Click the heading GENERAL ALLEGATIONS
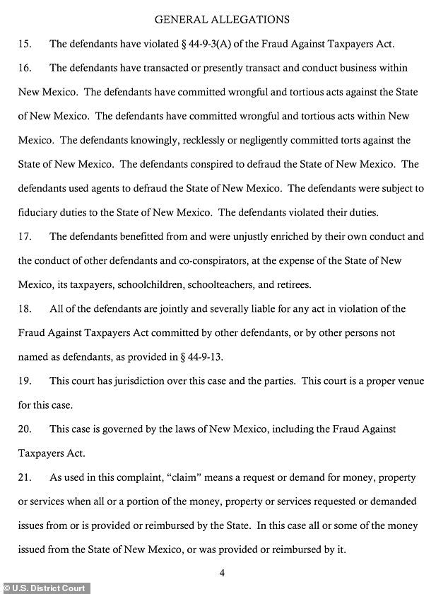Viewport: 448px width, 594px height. coord(222,19)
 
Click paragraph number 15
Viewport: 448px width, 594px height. coord(25,44)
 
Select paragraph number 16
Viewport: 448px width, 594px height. coord(25,68)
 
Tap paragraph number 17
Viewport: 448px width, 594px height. coord(25,237)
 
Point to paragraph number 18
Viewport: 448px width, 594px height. coord(25,309)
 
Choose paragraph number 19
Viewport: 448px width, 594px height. coord(25,381)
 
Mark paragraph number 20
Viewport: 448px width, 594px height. coord(25,429)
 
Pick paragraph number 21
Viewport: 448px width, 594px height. coord(25,478)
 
